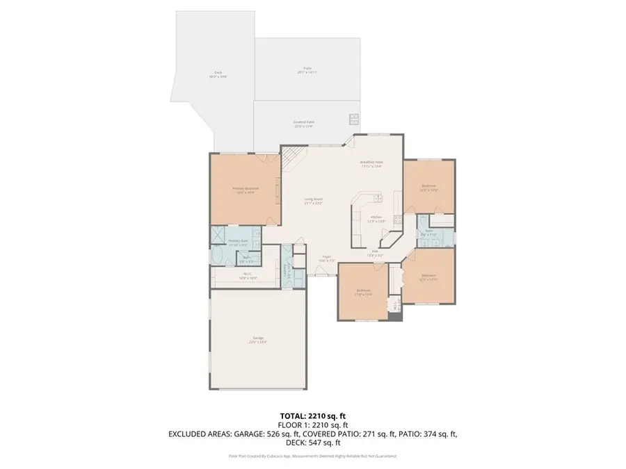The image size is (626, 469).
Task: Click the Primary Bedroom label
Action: coord(246,189)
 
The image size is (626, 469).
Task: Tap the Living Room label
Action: coord(313,201)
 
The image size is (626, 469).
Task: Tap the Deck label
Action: coord(218,74)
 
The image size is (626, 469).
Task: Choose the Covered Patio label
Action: coord(303,123)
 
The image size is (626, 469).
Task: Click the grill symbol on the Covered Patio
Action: coord(353,119)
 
